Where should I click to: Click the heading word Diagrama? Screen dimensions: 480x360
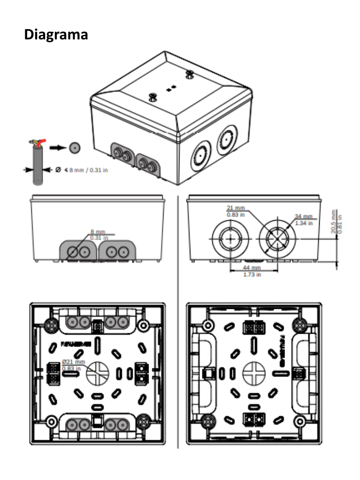coord(56,35)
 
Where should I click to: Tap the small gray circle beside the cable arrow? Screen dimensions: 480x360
coord(74,148)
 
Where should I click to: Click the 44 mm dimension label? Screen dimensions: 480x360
coord(252,268)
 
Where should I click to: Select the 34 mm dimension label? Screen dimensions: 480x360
coord(304,216)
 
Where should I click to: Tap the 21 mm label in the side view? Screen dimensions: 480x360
coord(236,208)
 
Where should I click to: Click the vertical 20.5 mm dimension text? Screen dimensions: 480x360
coord(333,221)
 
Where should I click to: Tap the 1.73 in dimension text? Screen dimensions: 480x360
coord(252,274)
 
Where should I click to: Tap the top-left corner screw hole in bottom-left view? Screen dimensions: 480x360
coord(51,324)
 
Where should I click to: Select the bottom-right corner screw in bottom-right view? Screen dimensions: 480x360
coord(299,420)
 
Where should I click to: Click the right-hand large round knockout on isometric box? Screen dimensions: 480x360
coord(226,139)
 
